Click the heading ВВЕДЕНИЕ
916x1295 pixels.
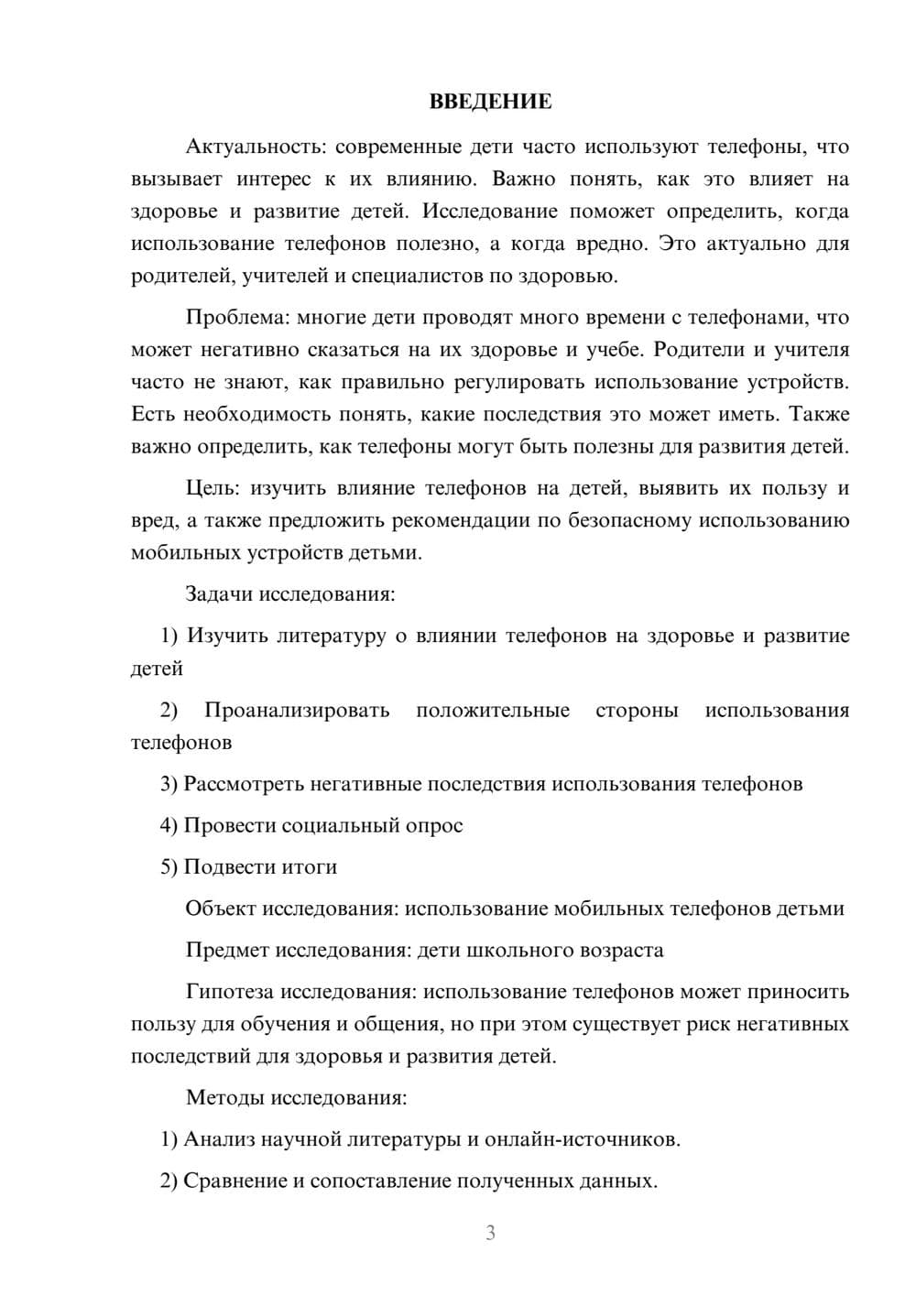(x=490, y=102)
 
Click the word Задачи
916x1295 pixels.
(x=219, y=594)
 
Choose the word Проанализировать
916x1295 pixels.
(x=297, y=711)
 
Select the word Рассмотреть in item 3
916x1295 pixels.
(x=244, y=784)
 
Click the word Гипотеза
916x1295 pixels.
(x=229, y=992)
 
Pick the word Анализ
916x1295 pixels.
(x=220, y=1140)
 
